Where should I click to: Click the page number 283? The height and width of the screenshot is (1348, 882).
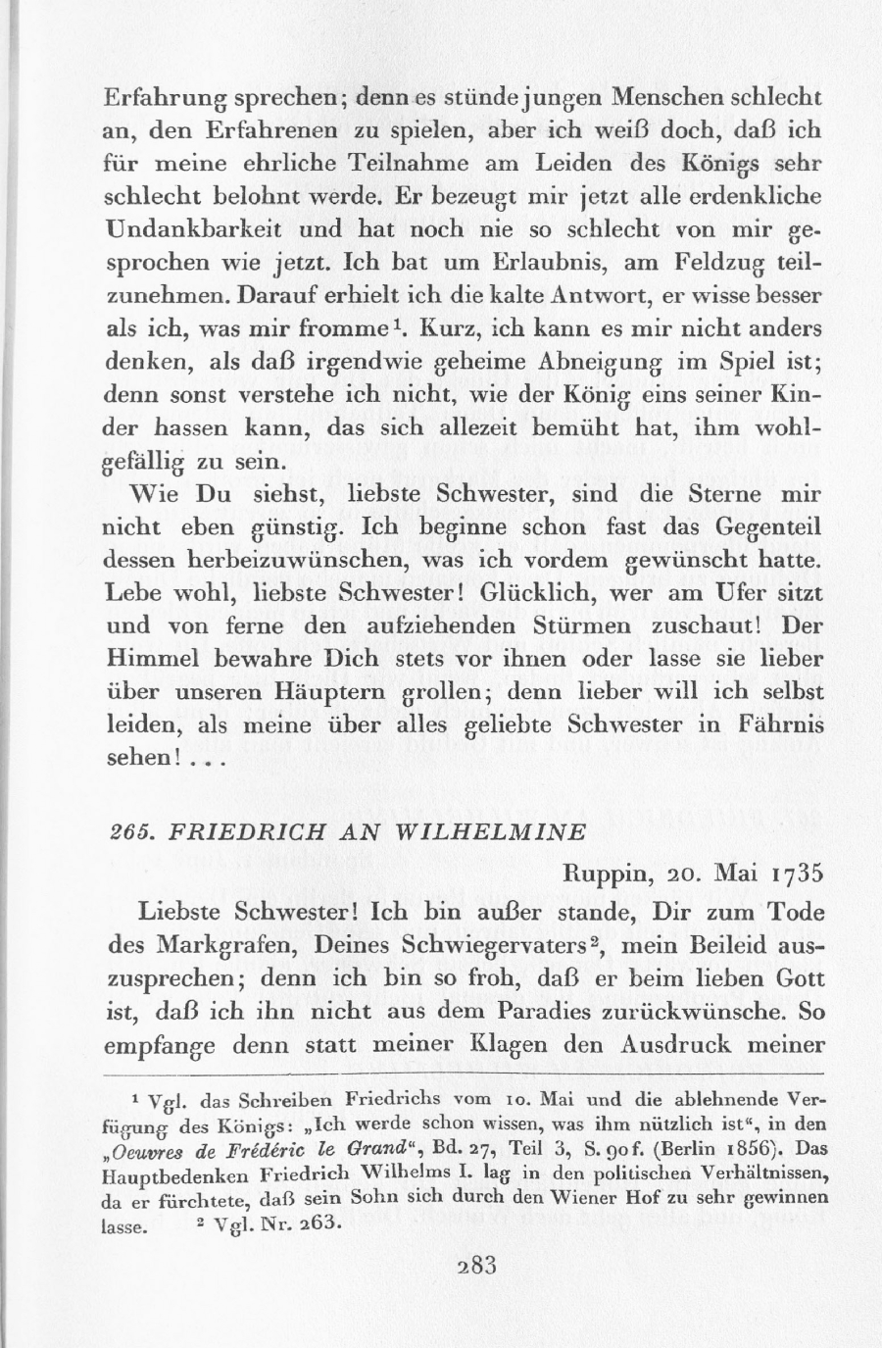[478, 1264]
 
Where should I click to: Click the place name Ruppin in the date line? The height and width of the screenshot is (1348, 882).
[607, 872]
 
